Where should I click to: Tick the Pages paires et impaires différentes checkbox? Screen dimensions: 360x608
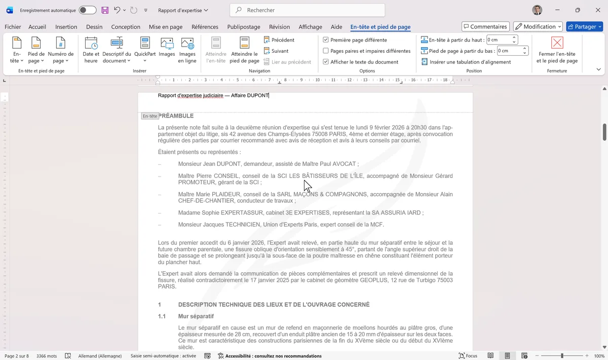326,51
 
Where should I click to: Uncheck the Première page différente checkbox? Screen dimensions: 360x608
326,40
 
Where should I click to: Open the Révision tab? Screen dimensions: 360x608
279,27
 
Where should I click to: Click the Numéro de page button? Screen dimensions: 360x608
60,49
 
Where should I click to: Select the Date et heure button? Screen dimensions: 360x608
91,49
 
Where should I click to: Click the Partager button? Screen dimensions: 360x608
584,27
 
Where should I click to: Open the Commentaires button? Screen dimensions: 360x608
485,27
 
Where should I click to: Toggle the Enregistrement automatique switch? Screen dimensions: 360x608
87,10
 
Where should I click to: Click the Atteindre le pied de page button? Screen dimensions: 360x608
245,49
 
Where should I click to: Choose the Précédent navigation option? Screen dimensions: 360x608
279,40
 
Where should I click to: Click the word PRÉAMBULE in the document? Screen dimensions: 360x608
176,116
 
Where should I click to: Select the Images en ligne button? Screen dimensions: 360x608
187,49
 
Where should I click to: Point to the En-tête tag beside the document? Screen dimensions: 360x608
149,116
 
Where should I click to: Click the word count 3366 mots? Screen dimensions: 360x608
47,356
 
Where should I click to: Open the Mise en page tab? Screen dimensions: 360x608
166,27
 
